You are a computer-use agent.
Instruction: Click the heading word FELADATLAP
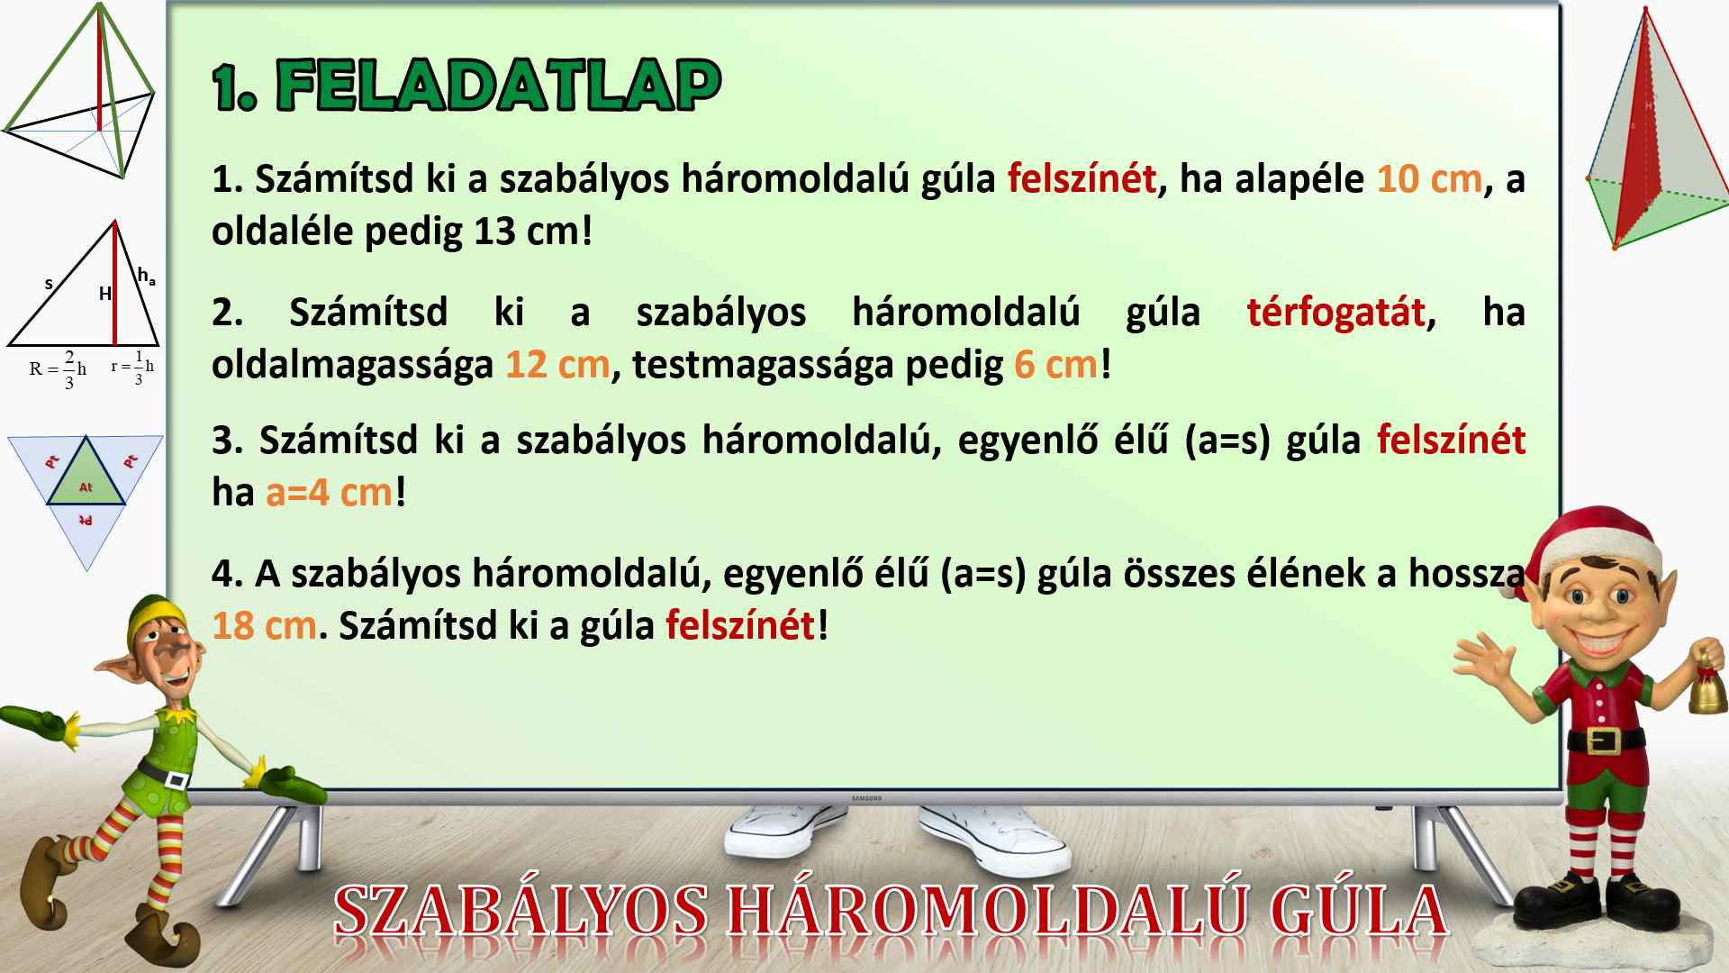(498, 86)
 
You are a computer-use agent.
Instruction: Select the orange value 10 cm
(1429, 178)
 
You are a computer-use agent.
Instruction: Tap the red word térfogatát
(1336, 313)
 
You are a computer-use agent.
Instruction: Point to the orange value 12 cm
(557, 365)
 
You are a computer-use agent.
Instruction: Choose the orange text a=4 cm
(330, 493)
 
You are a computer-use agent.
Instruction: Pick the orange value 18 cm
(264, 625)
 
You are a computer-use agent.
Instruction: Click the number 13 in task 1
(494, 232)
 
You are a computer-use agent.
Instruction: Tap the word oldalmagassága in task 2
(352, 366)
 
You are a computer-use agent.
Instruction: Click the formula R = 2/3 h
(58, 368)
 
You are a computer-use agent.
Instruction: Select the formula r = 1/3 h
(132, 367)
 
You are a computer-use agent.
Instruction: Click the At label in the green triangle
(86, 487)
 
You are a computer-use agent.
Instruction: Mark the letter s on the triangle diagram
(49, 284)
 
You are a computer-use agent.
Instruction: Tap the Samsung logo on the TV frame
(867, 798)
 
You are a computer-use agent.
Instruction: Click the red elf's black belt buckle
(1604, 741)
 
